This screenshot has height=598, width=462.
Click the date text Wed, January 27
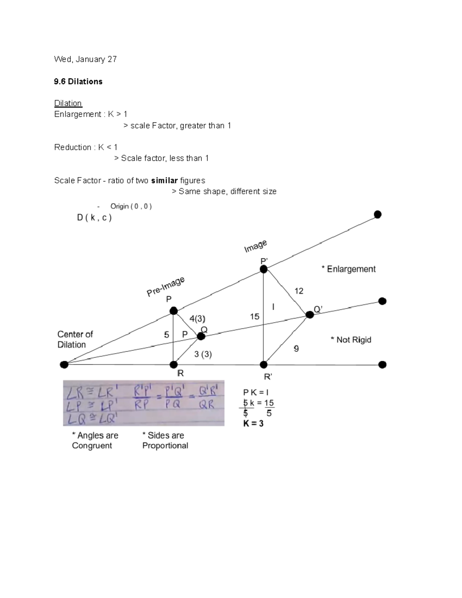85,59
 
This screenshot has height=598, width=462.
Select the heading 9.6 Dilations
78,82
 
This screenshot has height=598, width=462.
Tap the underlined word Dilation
68,103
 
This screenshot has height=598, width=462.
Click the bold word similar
164,181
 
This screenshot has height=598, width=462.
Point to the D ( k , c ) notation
94,218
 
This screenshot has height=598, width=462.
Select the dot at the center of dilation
64,364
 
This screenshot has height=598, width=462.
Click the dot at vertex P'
264,269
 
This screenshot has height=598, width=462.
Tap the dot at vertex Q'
310,315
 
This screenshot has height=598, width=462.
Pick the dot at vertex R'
264,364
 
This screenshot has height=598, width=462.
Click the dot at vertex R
174,364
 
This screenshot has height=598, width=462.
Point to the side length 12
299,291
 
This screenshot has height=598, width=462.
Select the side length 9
296,349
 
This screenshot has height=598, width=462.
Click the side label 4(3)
197,319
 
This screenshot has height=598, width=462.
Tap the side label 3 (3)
203,354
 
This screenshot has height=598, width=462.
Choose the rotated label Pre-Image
166,287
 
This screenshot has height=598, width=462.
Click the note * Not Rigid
351,340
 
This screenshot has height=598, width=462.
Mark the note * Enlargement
348,269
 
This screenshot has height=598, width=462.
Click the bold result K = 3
253,424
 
